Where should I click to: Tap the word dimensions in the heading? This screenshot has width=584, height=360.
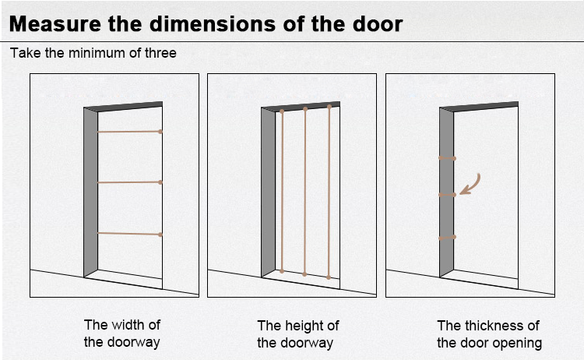pos(199,23)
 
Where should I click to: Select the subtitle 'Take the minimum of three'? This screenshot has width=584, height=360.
pos(93,54)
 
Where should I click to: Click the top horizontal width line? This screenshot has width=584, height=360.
pos(128,132)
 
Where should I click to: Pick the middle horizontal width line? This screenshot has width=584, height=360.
pos(128,182)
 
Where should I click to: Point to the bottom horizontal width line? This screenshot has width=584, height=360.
pos(128,233)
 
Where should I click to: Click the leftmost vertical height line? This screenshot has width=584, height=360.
pos(282,191)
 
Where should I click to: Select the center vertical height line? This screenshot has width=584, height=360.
pos(305,191)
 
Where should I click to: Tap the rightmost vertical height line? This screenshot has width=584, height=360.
pos(329,191)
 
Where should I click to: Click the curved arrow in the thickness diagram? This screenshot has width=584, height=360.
pos(470,184)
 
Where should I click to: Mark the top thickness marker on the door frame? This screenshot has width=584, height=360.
pos(447,158)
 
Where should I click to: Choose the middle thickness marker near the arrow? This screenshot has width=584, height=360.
pos(447,195)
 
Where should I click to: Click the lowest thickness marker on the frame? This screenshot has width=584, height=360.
pos(447,237)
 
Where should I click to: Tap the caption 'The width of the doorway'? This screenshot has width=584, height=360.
pos(121,334)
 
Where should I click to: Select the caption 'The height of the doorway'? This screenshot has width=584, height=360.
pos(298,334)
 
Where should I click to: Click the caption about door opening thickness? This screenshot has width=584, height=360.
pos(489,334)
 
